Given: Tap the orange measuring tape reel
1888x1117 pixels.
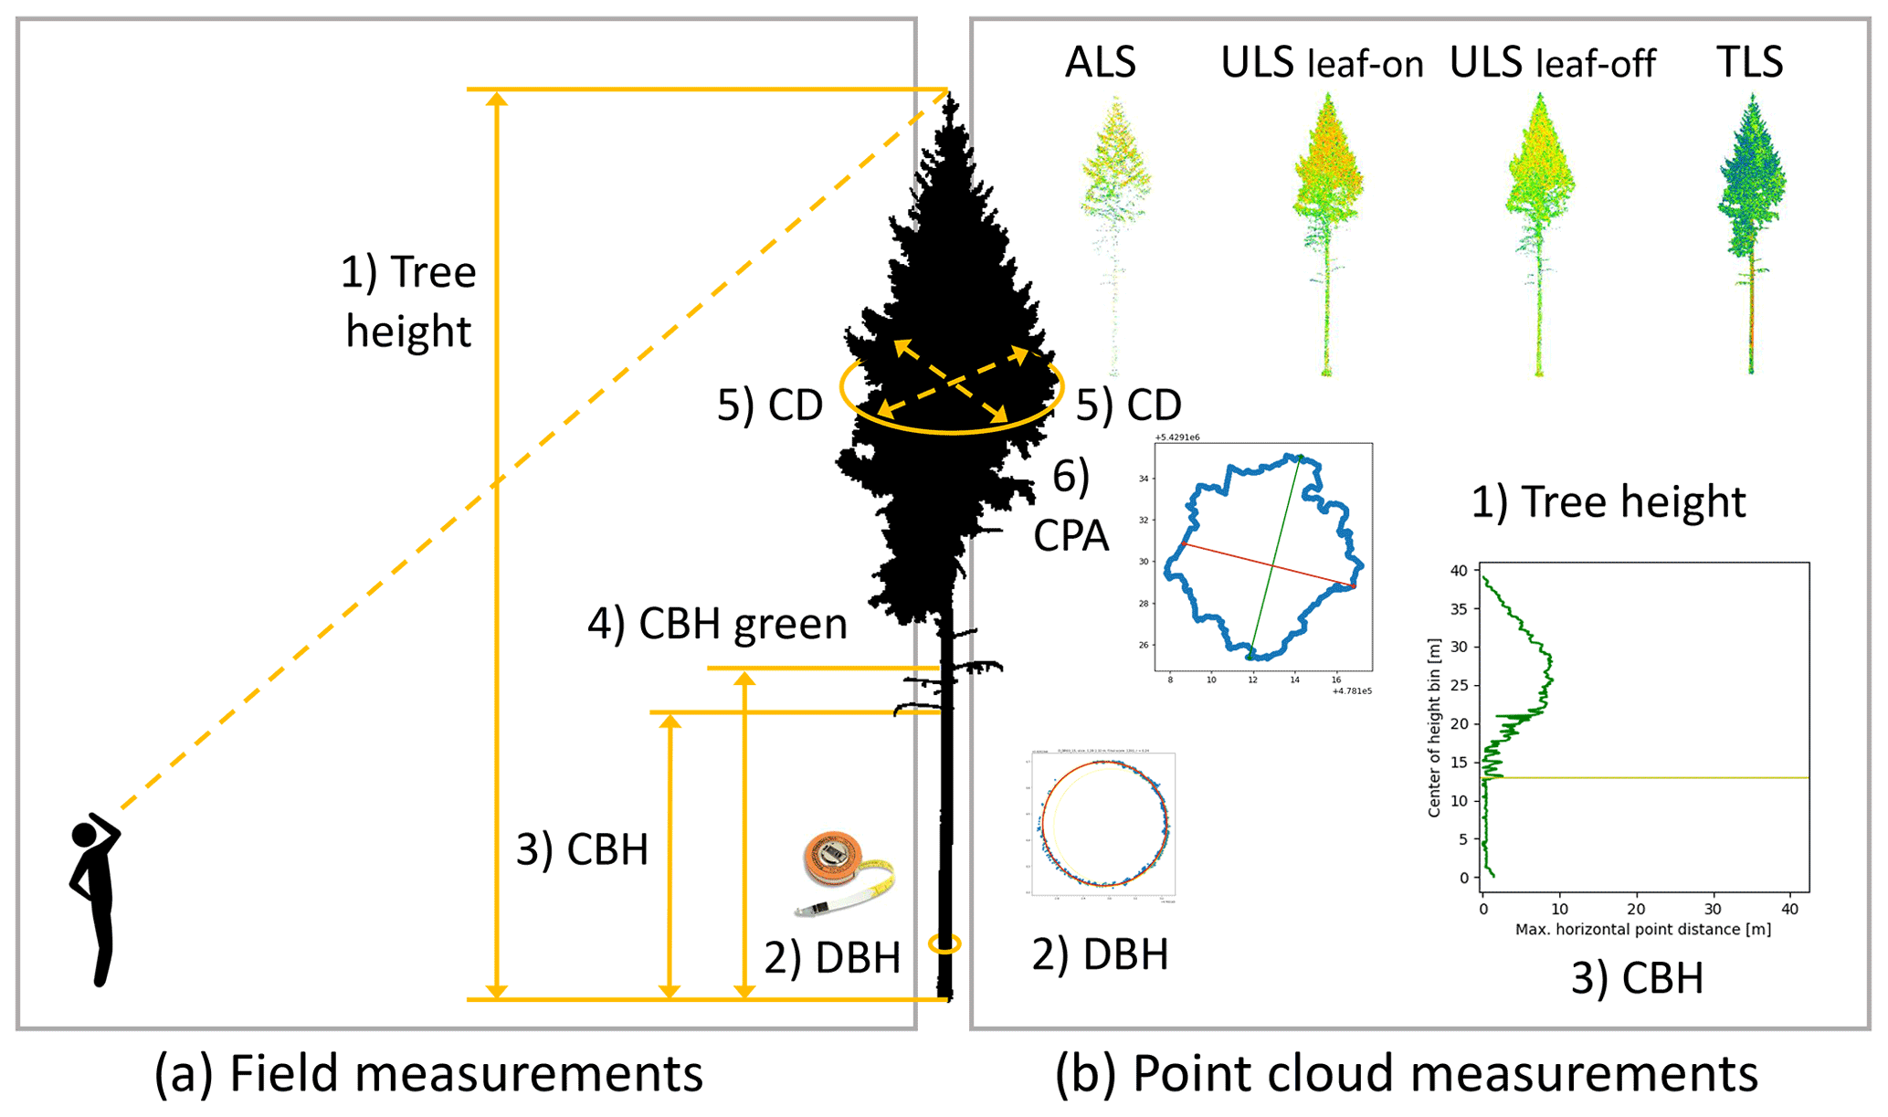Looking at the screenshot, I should click(x=833, y=859).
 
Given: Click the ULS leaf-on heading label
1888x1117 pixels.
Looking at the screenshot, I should click(x=1322, y=63).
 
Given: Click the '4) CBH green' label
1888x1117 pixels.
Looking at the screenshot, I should click(x=717, y=624).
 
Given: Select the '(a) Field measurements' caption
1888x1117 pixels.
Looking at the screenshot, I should click(x=428, y=1073).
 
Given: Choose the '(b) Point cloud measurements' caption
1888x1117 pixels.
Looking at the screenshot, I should click(x=1406, y=1073).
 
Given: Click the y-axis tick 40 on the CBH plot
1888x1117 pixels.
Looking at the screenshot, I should click(x=1459, y=571).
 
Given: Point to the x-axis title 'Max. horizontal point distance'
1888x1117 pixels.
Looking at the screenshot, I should click(x=1642, y=930).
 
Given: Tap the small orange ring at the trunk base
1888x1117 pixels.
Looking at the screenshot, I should click(x=944, y=943).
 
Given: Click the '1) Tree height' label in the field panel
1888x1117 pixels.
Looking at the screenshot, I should click(x=408, y=301).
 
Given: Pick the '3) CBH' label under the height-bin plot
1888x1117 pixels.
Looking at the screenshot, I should click(x=1637, y=978).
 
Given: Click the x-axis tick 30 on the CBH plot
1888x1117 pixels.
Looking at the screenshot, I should click(x=1713, y=910).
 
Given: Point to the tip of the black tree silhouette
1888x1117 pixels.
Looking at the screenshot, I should click(x=950, y=96).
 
